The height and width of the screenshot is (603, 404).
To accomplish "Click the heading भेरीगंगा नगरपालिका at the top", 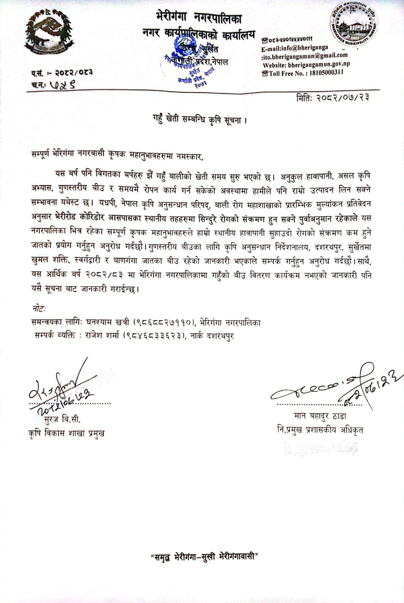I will point(198,17).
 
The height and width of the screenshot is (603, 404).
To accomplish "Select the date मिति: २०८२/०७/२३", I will point(333,97).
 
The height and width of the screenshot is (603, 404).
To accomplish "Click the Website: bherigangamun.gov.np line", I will point(306,64).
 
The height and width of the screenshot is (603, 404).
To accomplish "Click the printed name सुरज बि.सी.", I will point(62,419).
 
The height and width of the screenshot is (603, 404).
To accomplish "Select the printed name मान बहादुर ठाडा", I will point(319,416).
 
